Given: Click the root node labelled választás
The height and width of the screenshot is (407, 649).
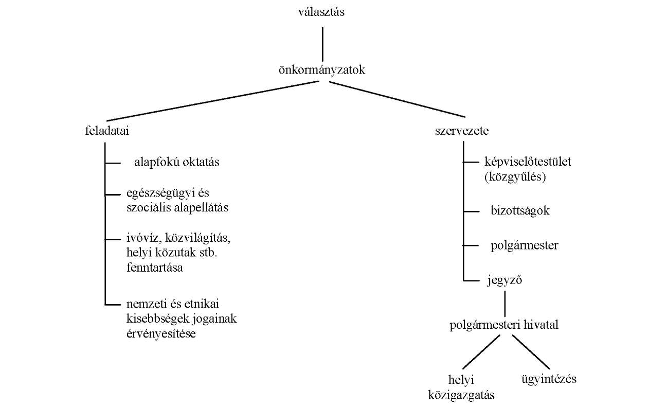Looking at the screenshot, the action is coord(321,12).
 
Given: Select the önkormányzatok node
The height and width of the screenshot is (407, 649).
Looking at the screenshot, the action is coord(321,70).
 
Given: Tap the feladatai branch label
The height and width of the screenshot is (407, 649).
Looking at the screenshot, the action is coord(107,131).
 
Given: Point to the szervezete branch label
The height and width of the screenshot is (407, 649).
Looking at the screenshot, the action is coord(462,131).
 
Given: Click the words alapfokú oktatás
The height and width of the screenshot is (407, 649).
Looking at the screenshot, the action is coord(177,162).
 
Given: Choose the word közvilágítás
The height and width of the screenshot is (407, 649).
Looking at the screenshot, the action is coord(197,238).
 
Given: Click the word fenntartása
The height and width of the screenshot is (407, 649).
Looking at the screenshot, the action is coord(155,268).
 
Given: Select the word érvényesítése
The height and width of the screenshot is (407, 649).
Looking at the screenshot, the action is coord(161,333).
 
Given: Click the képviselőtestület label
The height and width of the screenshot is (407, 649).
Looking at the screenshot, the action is coord(528,162).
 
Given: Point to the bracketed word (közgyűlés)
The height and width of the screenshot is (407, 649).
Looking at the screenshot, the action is coord(515,177).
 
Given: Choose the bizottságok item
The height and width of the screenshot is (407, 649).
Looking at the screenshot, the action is coord(520,211).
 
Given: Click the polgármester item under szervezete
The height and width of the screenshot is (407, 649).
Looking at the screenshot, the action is coord(525,246).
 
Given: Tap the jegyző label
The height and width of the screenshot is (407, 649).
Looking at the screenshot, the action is coord(504,280).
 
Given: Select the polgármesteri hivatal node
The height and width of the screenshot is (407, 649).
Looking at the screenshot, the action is coord(504,325).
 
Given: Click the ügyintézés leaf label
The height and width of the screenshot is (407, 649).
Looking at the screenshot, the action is coord(549,379).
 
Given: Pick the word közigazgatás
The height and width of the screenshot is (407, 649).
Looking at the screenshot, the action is coord(461,395).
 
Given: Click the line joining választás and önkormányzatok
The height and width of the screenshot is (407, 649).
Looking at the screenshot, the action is coord(323,44).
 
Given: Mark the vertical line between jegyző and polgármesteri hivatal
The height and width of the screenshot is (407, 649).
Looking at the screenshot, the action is coord(505,304).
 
